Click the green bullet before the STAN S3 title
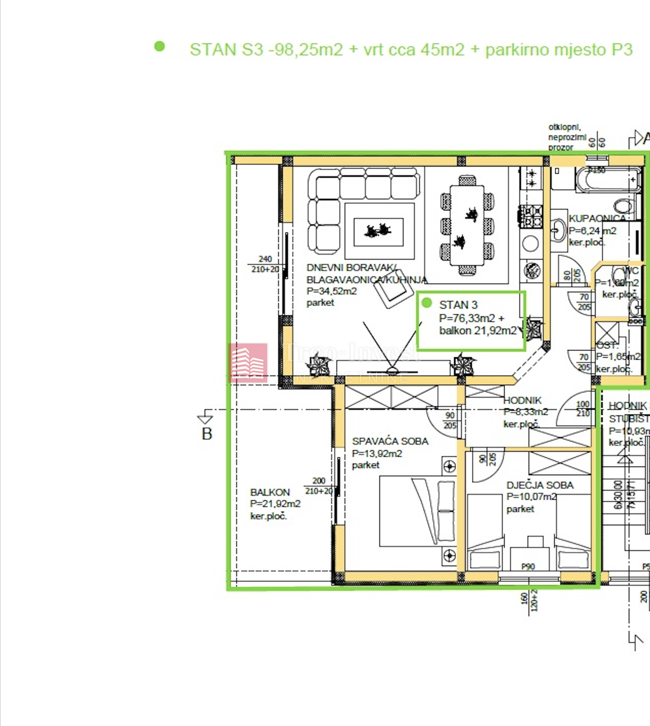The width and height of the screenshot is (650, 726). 159,47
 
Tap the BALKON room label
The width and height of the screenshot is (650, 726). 270,492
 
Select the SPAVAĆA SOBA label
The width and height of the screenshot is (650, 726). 390,442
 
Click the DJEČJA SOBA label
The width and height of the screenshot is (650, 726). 539,485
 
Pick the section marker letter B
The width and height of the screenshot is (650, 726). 206,434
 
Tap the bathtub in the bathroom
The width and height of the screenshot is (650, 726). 608,180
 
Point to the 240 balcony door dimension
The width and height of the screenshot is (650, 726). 265,259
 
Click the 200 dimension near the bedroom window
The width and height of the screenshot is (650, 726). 319,481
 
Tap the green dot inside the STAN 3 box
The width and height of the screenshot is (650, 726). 427,303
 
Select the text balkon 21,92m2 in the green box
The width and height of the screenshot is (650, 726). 477,330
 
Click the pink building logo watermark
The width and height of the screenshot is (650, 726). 248,363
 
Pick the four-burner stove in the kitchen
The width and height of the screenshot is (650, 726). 531,216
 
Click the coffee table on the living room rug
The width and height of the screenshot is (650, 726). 378,231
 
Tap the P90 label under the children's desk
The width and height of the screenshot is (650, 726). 528,566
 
